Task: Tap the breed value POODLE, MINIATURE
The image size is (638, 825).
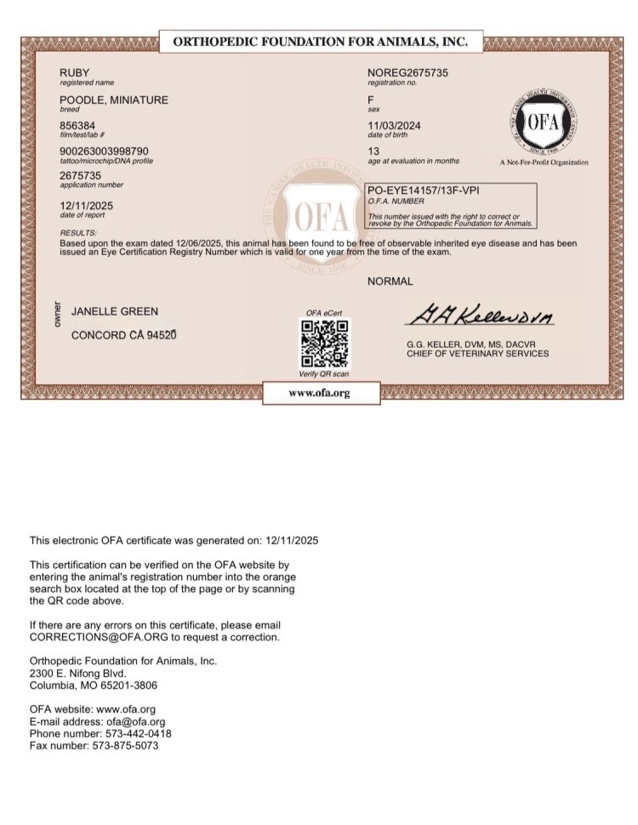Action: (113, 100)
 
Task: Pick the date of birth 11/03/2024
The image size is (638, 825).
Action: (394, 126)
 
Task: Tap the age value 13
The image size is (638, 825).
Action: (373, 151)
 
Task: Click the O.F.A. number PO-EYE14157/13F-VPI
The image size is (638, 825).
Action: (421, 191)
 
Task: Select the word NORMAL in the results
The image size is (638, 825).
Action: (390, 282)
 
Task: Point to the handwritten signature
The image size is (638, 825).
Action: (481, 318)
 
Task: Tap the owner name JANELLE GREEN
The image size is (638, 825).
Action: (115, 312)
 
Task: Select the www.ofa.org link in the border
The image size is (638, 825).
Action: (319, 393)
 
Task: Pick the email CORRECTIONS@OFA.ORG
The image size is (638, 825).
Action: (88, 637)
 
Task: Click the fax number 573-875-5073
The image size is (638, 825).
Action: (124, 746)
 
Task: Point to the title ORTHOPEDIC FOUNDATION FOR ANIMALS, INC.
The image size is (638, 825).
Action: (320, 41)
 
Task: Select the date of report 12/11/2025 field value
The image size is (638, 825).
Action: (87, 206)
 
